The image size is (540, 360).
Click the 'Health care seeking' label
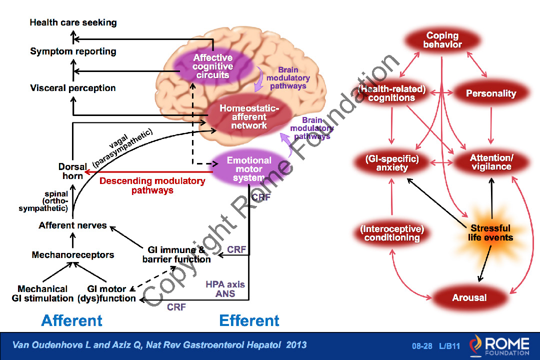point(73,22)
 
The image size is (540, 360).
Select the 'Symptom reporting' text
point(73,51)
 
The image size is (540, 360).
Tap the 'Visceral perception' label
point(73,88)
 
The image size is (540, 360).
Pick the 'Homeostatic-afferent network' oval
point(248,117)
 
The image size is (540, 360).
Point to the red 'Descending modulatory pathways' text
point(152,185)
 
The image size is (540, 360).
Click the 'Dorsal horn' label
point(72,171)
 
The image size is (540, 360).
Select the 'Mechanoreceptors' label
point(73,255)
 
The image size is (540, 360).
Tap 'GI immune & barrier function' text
point(176,254)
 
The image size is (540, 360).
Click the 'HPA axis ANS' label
point(225,289)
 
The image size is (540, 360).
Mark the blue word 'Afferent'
point(72,320)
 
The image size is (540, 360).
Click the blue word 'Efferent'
point(249,320)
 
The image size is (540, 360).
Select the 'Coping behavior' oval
point(442,40)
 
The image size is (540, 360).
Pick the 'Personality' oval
point(491,93)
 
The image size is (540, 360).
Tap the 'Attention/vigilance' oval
point(491,162)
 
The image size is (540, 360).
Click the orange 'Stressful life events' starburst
point(490,233)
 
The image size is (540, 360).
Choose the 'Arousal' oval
point(469,298)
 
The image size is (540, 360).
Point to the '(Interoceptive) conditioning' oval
point(392,233)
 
